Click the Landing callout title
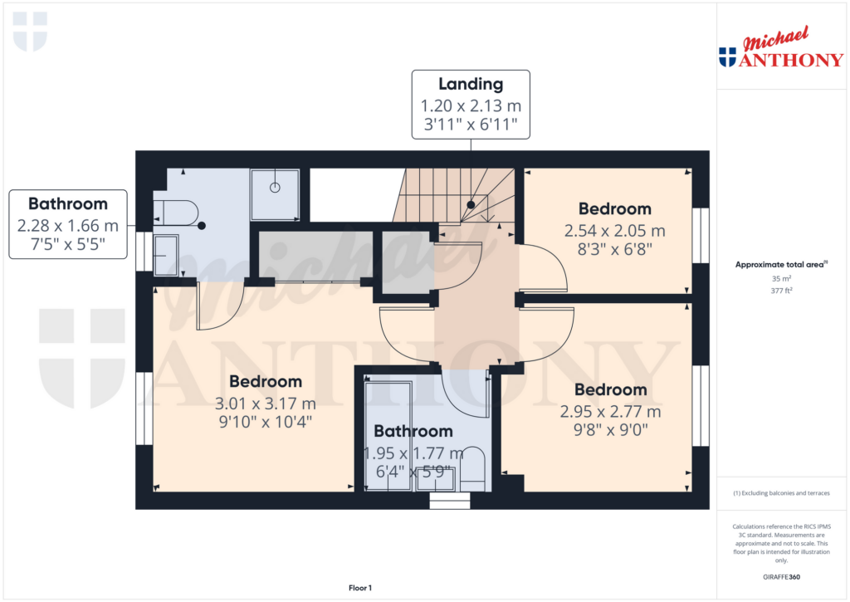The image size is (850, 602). click(471, 84)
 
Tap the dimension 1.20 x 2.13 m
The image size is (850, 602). click(471, 105)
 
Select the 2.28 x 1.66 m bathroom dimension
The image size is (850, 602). click(68, 225)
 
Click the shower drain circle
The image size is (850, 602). click(275, 188)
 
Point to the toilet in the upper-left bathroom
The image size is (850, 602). click(176, 213)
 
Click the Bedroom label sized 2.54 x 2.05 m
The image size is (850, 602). click(615, 208)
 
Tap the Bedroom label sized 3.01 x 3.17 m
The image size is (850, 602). click(266, 381)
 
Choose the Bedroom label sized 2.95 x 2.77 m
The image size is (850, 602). click(611, 389)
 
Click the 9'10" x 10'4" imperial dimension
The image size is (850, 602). click(266, 422)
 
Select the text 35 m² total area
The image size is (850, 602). click(781, 278)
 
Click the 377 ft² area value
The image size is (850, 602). click(781, 291)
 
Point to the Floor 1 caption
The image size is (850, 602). click(360, 588)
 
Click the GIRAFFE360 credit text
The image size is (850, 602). click(781, 577)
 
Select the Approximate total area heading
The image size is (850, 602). click(781, 265)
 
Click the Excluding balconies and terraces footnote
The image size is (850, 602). click(781, 493)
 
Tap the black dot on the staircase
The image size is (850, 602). click(471, 205)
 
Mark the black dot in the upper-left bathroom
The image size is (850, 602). click(202, 226)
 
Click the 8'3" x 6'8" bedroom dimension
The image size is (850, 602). click(615, 249)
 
